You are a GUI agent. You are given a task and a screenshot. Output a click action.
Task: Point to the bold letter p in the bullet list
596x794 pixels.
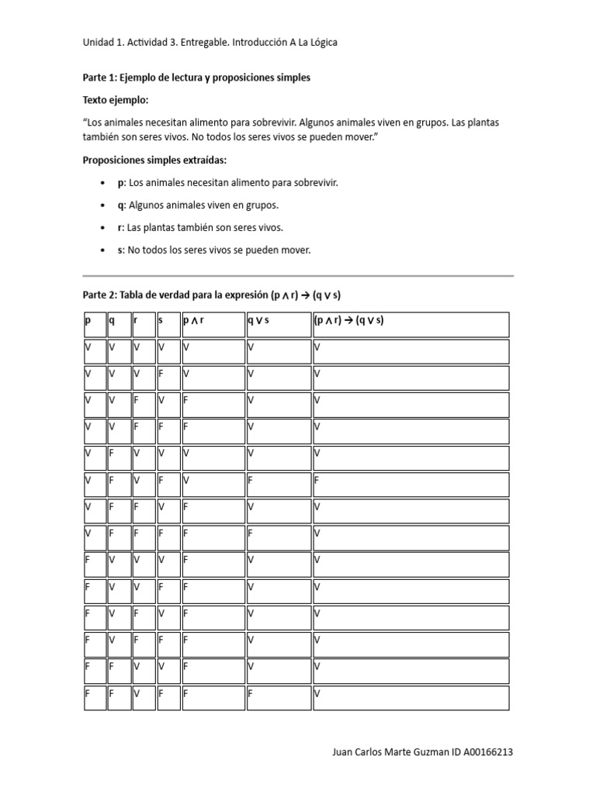point(120,183)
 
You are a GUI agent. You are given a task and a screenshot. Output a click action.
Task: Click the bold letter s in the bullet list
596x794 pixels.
point(120,250)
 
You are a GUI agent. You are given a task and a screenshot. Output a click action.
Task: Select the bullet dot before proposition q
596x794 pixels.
point(102,205)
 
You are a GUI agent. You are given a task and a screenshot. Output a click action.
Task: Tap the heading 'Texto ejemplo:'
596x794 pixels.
point(115,101)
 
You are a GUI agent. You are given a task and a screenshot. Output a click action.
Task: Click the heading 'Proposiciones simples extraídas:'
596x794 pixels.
point(154,161)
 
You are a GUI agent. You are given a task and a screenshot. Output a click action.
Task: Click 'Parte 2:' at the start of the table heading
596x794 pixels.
point(100,295)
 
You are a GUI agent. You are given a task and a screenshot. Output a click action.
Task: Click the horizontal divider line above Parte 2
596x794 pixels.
point(298,275)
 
